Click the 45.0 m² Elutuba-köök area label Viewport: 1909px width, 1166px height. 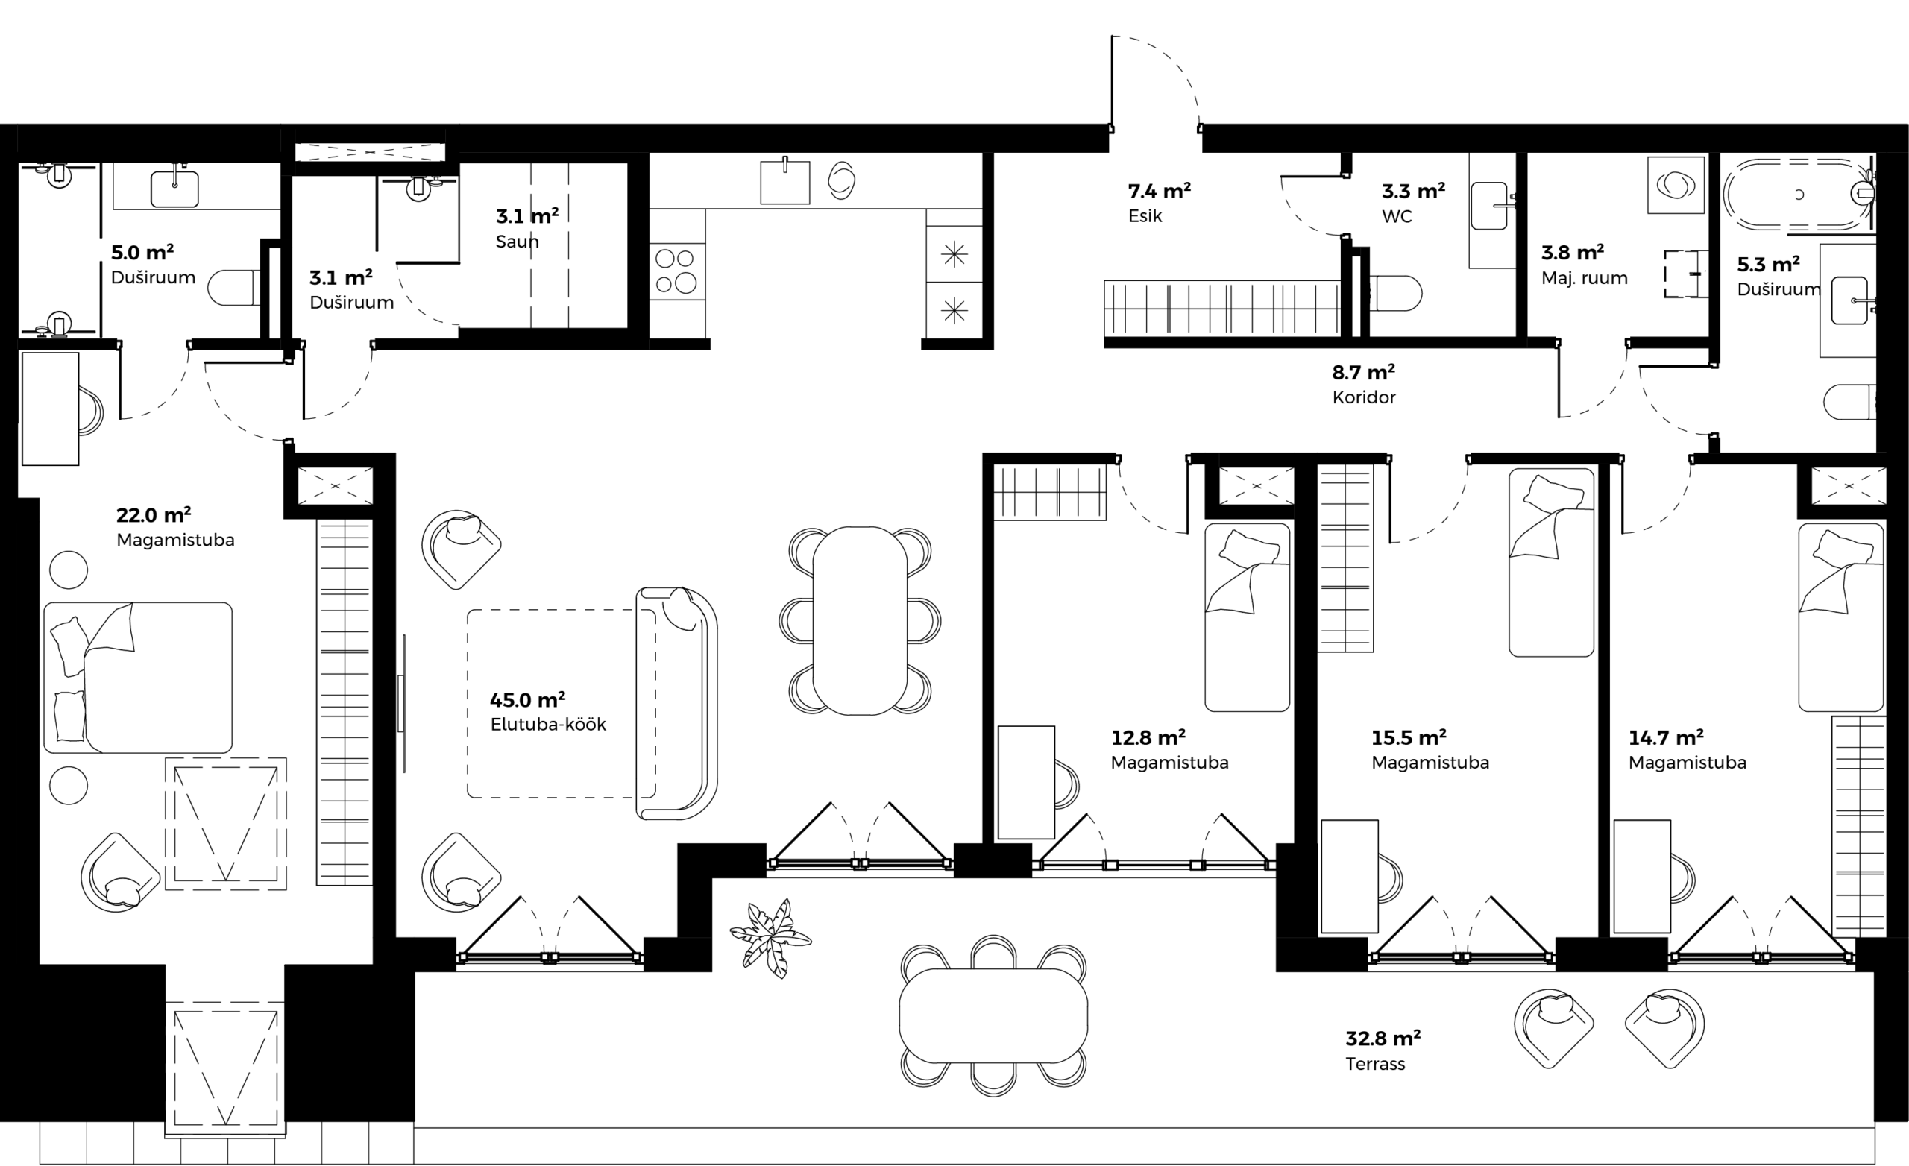click(548, 712)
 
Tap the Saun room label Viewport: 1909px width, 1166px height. click(517, 241)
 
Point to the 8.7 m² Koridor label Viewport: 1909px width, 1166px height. click(1364, 384)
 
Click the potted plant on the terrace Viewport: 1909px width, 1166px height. click(771, 938)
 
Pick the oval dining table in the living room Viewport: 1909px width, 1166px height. click(860, 620)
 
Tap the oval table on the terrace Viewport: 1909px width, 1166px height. click(993, 1015)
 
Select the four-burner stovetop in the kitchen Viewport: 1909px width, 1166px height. click(676, 271)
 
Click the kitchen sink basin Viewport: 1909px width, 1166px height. click(784, 183)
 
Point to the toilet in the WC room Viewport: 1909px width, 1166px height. click(1395, 294)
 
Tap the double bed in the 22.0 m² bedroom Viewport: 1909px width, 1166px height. click(138, 677)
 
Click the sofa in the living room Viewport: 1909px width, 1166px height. click(676, 704)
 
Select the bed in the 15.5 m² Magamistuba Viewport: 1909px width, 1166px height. click(1551, 561)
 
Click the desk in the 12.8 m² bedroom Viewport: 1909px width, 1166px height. click(1026, 783)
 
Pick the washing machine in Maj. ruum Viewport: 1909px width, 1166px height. click(1676, 185)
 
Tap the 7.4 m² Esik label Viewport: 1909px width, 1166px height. click(1159, 203)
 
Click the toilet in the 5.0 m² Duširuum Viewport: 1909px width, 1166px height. click(234, 288)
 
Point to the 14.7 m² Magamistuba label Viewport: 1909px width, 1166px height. click(1688, 750)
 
